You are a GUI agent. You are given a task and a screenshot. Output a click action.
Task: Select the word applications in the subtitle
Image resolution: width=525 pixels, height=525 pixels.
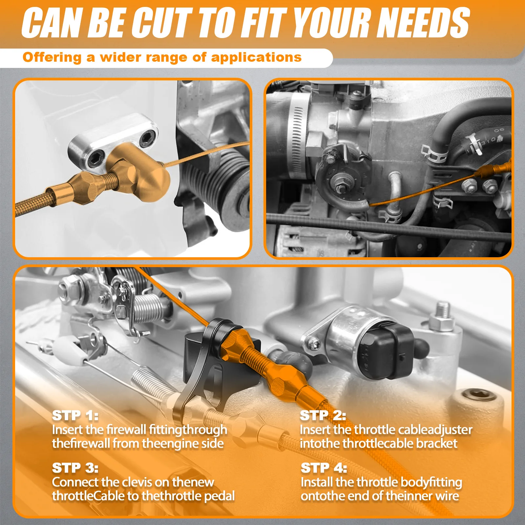[256, 57]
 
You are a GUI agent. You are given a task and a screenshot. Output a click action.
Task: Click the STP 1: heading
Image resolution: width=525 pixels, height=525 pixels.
[75, 416]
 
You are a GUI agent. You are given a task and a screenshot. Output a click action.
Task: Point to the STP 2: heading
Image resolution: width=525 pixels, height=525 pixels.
[323, 416]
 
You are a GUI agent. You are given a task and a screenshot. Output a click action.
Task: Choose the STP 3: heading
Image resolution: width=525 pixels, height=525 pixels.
[75, 468]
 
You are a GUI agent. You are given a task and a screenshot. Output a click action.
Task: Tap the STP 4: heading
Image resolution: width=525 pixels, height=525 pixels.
[324, 468]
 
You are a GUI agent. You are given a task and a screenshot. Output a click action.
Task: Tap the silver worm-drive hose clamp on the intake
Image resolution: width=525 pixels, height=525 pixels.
[297, 138]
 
